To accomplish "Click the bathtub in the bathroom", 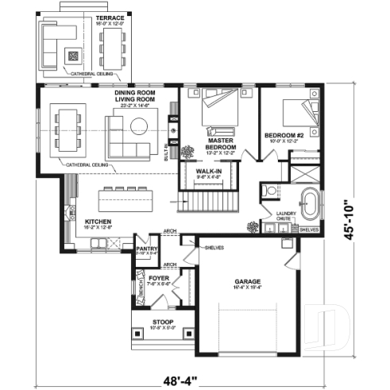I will point(308,202).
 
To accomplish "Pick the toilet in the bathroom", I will point(270,191).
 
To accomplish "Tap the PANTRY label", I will point(148,248).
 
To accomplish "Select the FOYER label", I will point(159,278).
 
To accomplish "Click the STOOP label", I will point(163,322).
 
